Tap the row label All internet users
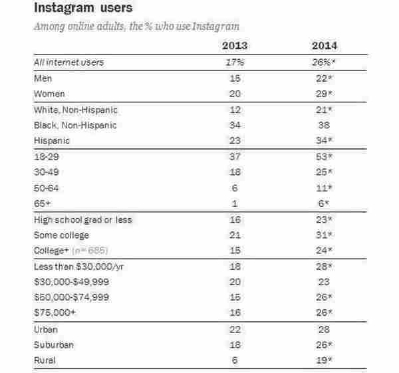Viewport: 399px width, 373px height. tap(62, 62)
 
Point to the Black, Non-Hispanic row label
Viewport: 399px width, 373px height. tap(70, 125)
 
